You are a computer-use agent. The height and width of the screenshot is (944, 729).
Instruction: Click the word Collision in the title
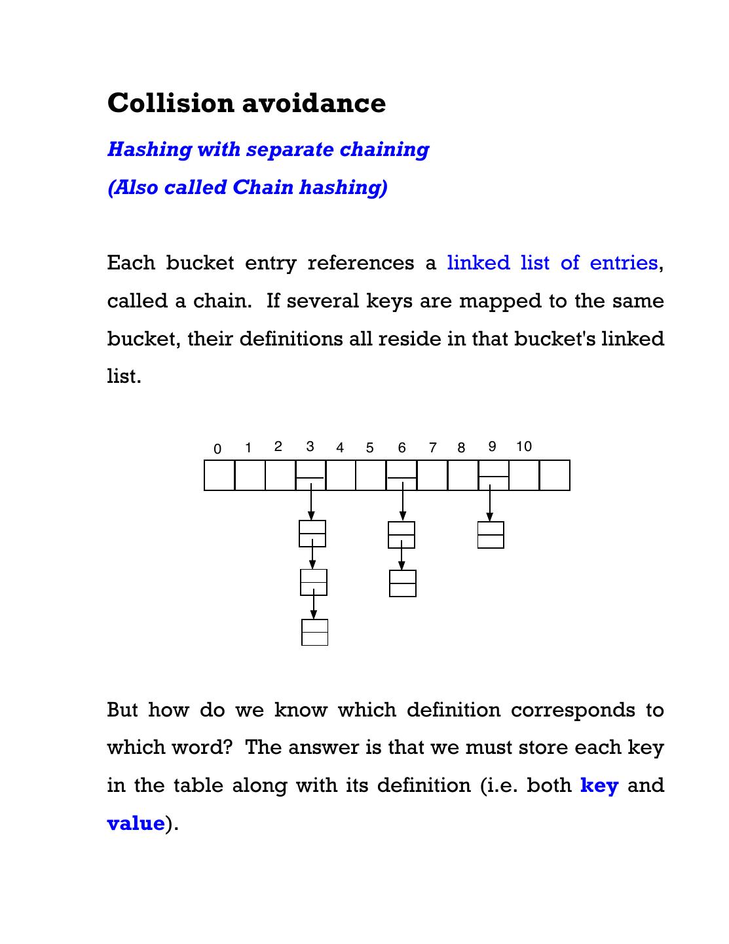pos(170,103)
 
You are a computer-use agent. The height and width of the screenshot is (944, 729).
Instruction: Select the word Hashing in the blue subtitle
pos(149,149)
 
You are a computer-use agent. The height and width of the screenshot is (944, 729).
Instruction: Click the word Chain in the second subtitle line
pos(263,187)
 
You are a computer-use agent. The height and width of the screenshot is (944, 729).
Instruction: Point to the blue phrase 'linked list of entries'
pos(552,263)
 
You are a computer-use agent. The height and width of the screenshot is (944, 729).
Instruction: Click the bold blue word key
pos(599,785)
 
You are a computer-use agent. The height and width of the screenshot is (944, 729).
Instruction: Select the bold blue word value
pos(136,823)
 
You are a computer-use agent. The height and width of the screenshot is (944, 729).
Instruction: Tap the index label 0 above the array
pos(217,449)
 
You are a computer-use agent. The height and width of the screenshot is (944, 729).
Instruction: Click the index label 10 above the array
pos(523,446)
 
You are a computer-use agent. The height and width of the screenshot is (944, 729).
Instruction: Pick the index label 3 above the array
pos(310,446)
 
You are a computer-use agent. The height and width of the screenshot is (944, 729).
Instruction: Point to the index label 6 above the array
pos(402,448)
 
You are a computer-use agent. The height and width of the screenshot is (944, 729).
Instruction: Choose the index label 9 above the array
pos(492,446)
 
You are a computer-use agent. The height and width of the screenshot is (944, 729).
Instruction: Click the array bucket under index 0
pos(219,475)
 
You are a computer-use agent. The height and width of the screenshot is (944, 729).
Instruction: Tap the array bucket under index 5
pos(371,475)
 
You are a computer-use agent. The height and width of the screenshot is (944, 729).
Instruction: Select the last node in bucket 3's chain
pos(314,632)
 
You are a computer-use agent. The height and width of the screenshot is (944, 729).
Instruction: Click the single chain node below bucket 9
pos(491,535)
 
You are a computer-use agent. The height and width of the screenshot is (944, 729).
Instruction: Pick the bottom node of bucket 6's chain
pos(402,583)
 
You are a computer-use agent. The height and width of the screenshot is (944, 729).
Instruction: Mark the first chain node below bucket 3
pos(312,534)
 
